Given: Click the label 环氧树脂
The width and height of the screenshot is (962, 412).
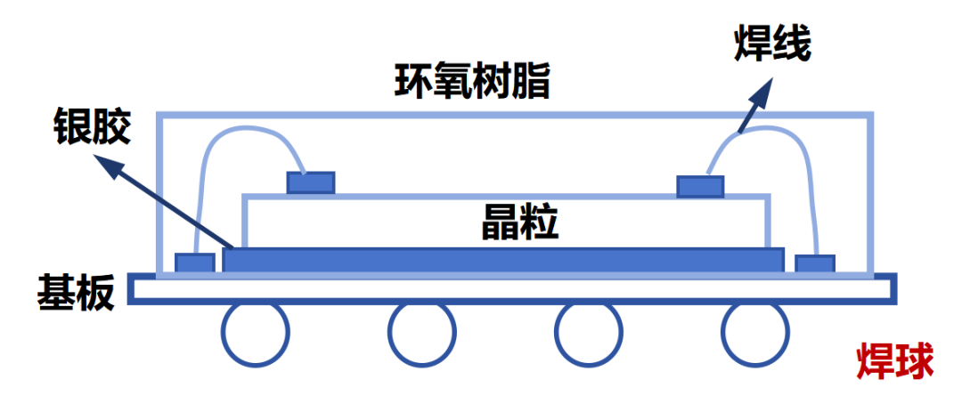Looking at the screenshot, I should (473, 83).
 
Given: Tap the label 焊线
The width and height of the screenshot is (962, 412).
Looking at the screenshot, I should (772, 45).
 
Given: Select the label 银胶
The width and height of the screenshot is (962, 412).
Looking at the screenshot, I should (92, 127).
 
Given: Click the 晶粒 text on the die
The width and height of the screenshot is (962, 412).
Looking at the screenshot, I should (520, 223).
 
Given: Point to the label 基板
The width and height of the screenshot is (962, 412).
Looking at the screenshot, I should (77, 292).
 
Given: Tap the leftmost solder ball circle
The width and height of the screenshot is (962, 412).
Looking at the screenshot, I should (256, 335).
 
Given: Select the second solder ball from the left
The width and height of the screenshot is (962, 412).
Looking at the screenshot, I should (421, 335).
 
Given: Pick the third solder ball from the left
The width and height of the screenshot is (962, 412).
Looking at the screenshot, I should (588, 335).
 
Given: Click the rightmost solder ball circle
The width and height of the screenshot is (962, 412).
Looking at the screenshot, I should (755, 335).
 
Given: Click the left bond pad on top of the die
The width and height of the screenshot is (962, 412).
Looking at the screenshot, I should (311, 182).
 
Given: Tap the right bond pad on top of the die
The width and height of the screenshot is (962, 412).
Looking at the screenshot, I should (700, 186).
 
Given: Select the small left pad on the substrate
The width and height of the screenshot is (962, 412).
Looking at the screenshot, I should (195, 263).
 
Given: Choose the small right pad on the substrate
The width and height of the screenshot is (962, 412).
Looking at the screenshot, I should (814, 263).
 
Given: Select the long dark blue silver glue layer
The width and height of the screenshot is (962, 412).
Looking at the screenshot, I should (503, 261).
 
